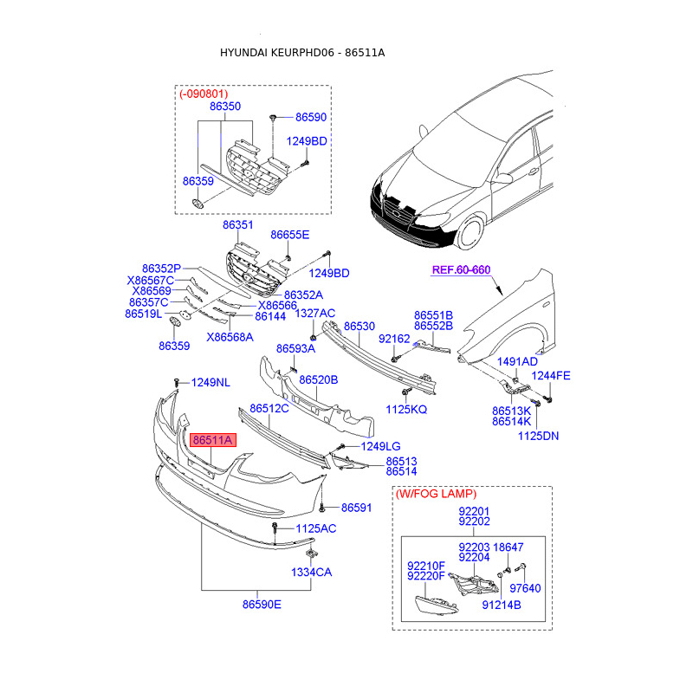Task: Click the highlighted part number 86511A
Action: [x=212, y=440]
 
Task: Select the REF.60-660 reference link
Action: [x=461, y=270]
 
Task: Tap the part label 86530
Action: [x=359, y=327]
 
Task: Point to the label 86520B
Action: [x=318, y=379]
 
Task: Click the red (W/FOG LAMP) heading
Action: [x=435, y=494]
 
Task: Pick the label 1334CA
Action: [x=311, y=572]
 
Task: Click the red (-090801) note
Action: [x=205, y=93]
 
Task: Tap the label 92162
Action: [x=394, y=340]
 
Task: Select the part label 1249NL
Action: [x=210, y=382]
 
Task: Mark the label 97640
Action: [x=525, y=588]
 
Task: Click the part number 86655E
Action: [x=289, y=235]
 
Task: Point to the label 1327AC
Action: [x=315, y=313]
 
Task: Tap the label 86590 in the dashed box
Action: [x=311, y=116]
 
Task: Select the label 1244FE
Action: [x=551, y=375]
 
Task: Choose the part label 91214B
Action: [x=502, y=605]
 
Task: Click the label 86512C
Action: [x=269, y=407]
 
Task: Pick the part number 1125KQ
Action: [x=406, y=408]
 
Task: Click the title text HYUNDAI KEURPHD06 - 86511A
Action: [x=302, y=53]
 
